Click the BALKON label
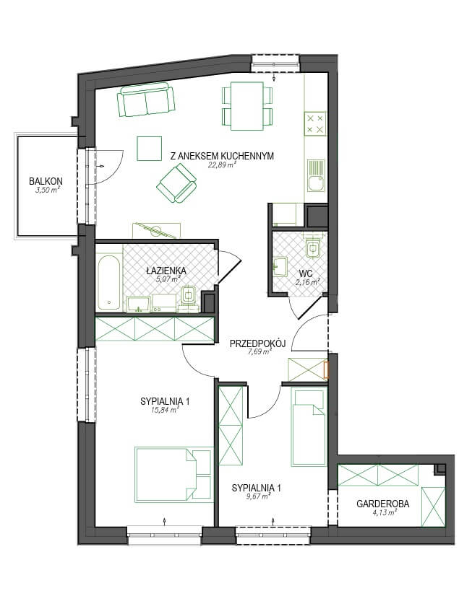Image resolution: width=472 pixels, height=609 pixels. [x=46, y=181]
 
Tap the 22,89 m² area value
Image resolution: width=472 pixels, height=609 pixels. [x=223, y=165]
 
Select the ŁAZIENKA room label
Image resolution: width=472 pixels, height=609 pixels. [x=166, y=271]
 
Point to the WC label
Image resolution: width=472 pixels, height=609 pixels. [x=306, y=273]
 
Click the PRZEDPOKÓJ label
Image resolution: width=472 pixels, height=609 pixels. [x=257, y=343]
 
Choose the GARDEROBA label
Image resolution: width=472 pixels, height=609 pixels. [x=383, y=504]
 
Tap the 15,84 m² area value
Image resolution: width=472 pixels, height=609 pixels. [x=165, y=410]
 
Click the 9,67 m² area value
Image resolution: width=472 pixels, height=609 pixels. [x=258, y=496]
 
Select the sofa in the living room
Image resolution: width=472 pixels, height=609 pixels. [x=146, y=101]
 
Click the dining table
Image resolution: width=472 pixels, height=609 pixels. [x=247, y=105]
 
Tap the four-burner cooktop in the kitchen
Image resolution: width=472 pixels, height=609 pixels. [x=315, y=124]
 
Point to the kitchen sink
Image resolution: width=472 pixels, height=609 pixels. [x=316, y=175]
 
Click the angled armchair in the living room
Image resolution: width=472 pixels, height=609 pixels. [x=176, y=183]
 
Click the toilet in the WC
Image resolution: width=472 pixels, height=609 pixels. [x=313, y=247]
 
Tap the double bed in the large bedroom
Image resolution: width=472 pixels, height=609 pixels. [x=174, y=475]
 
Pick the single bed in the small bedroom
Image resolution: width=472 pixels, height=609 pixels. [x=308, y=427]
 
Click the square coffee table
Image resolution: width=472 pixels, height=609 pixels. [x=149, y=149]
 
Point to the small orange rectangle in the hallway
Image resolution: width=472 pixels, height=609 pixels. [x=327, y=370]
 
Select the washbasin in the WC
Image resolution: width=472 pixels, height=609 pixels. [x=280, y=266]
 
